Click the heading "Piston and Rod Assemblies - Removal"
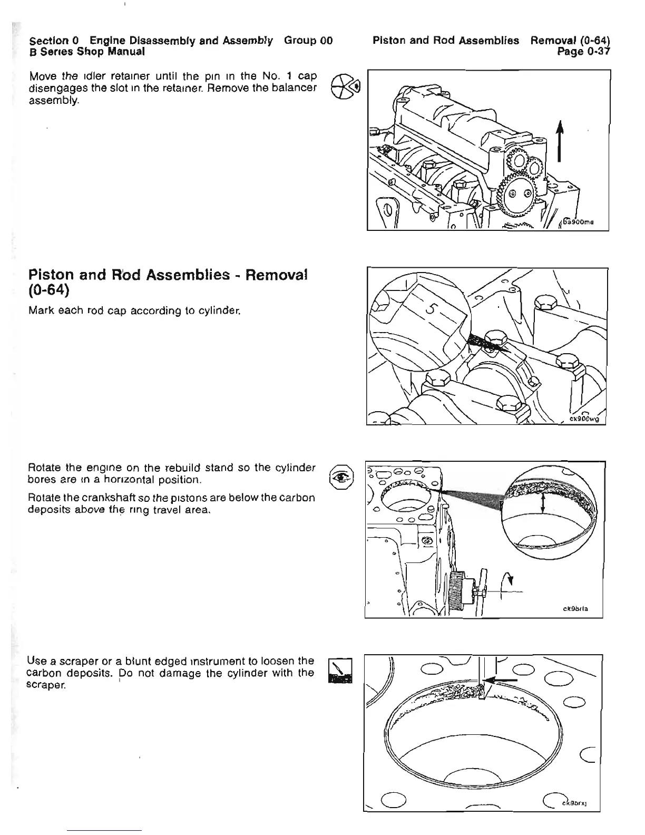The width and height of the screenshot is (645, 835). pos(168,275)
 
